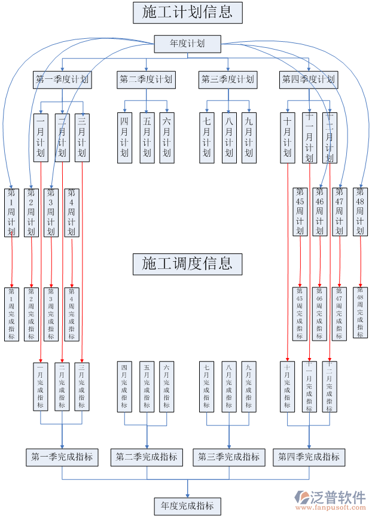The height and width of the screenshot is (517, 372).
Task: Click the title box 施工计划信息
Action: click(188, 12)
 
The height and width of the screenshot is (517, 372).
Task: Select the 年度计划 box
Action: click(188, 44)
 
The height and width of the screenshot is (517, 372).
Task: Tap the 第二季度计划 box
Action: click(145, 79)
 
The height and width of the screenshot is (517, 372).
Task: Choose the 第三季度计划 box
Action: click(228, 79)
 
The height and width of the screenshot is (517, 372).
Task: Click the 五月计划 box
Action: click(147, 137)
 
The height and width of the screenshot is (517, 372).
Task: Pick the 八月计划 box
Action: click(228, 137)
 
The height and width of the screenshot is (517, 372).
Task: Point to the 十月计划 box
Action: click(287, 137)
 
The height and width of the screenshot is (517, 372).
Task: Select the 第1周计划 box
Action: click(11, 212)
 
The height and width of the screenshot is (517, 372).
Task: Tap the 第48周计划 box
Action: click(360, 212)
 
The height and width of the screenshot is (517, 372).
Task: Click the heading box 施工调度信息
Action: click(188, 264)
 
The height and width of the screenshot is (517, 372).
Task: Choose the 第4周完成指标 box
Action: click(72, 314)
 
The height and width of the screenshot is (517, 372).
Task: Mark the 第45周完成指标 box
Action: click(300, 314)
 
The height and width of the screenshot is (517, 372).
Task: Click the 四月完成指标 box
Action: click(124, 386)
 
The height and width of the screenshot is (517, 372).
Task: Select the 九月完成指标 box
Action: click(249, 386)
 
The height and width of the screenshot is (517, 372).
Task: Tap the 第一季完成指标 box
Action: click(62, 457)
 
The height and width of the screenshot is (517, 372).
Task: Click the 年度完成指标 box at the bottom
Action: click(188, 506)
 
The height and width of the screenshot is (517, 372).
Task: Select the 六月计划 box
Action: click(167, 137)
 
